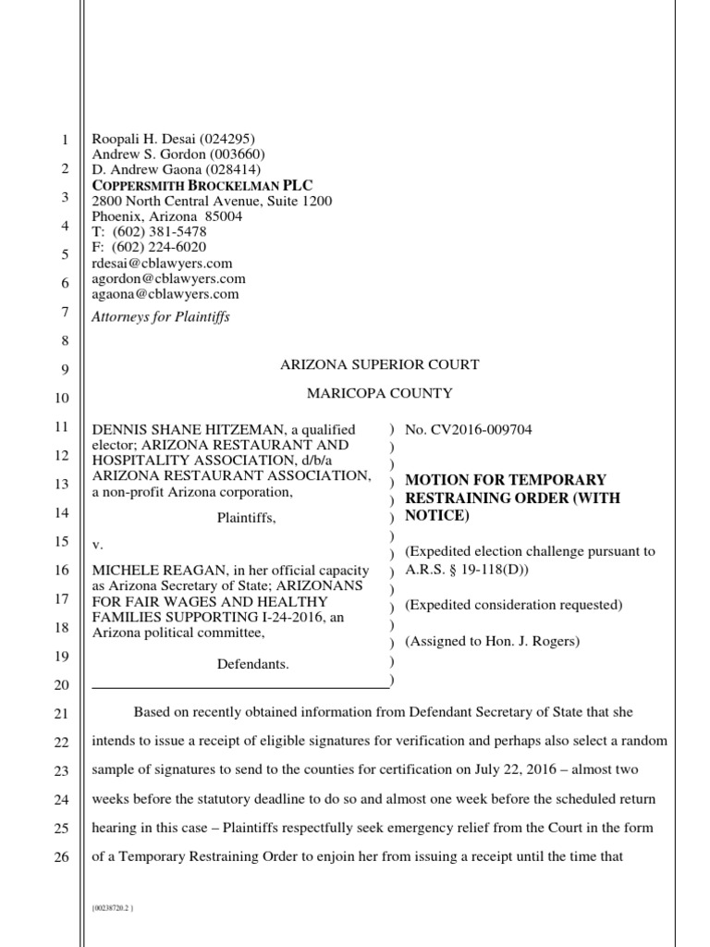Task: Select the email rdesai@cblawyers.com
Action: pos(162,264)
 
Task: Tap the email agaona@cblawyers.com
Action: pos(165,294)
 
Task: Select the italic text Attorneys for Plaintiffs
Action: pos(160,317)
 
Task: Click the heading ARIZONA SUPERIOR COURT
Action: pos(379,365)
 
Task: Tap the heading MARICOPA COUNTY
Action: pos(379,394)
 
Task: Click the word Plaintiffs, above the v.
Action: pos(246,520)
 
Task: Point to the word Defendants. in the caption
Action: pos(252,664)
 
